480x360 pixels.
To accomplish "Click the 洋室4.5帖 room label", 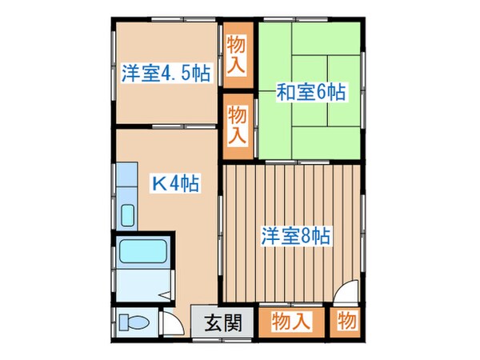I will (166, 74).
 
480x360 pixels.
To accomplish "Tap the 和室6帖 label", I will (311, 92).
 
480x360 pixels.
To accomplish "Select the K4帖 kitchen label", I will (176, 183).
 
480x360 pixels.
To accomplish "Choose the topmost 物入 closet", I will (238, 53).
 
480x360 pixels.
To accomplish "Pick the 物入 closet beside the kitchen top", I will (238, 124).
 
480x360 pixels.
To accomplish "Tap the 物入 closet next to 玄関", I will (291, 323).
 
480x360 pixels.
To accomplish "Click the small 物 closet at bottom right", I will (347, 323).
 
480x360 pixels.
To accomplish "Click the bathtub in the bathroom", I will (142, 255).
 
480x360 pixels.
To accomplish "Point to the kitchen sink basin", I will (128, 215).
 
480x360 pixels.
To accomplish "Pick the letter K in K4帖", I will (158, 183).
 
